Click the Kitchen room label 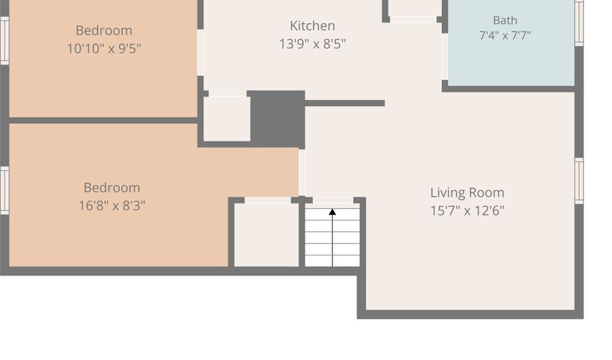click(x=312, y=26)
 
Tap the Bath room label click(x=505, y=20)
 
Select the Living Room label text click(x=467, y=193)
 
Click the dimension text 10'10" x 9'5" click(x=104, y=49)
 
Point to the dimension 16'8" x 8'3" click(x=112, y=206)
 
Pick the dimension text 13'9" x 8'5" click(x=312, y=44)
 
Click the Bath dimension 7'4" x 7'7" click(x=505, y=35)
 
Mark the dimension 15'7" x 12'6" click(x=467, y=210)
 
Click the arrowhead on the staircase click(x=332, y=212)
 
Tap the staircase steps click(x=332, y=238)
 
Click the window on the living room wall click(x=579, y=181)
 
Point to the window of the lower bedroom click(x=4, y=191)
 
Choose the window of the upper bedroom click(x=4, y=41)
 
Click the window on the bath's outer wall click(x=579, y=22)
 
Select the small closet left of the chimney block click(x=226, y=118)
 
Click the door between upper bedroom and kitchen click(x=200, y=52)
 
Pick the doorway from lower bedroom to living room click(x=302, y=173)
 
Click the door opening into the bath click(x=445, y=57)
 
